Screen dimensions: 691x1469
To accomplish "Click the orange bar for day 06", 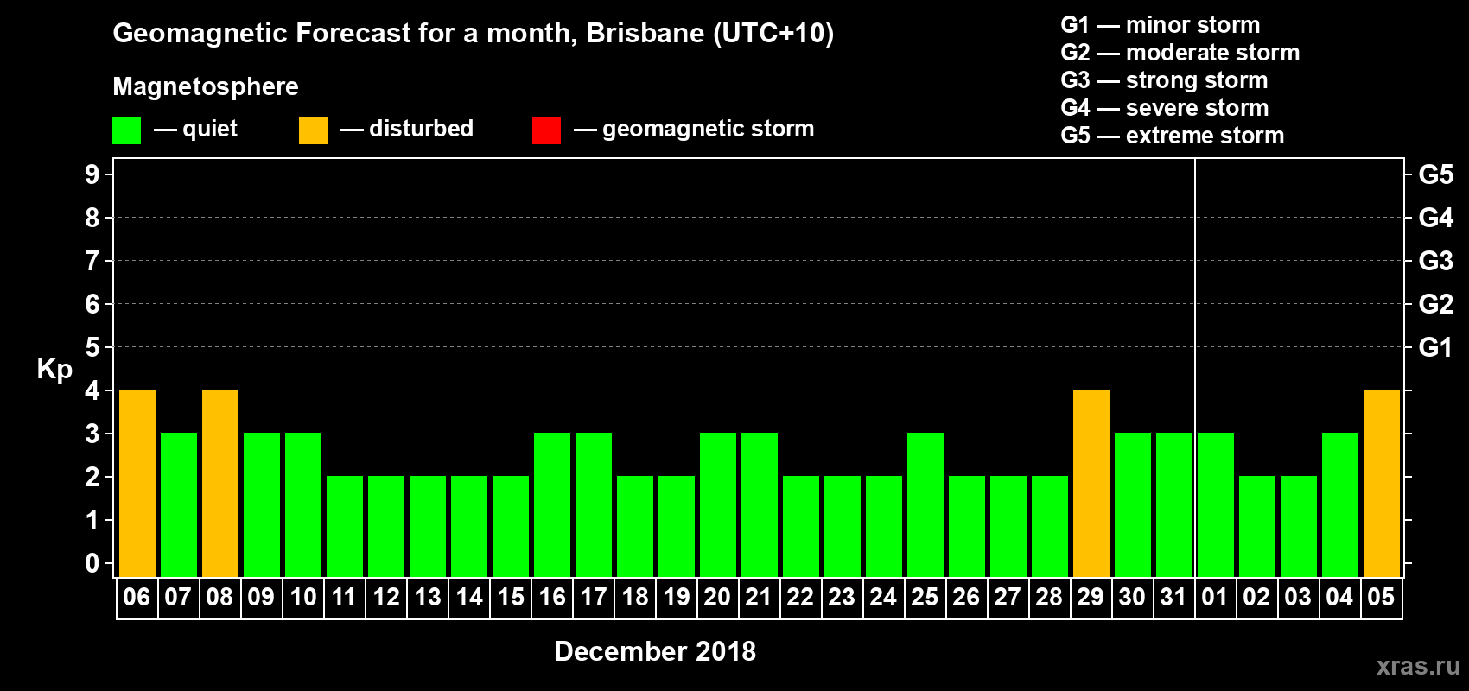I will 137,483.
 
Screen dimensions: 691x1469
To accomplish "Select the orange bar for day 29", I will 1091,483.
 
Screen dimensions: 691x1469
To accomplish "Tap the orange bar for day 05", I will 1382,483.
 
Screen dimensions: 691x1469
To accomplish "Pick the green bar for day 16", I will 552,504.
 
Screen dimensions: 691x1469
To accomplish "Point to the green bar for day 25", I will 925,504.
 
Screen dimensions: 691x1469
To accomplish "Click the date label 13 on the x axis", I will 428,597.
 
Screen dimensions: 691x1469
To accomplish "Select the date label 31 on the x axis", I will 1173,597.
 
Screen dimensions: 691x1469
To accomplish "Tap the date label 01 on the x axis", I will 1215,597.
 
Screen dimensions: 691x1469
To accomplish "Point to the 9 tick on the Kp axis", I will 92,174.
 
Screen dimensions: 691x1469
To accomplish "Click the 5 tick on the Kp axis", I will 92,347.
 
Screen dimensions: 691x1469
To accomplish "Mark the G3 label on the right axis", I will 1435,261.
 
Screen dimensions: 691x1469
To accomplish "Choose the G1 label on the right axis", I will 1435,347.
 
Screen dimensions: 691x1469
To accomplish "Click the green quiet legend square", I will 126,130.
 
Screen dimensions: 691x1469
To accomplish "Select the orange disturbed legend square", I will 313,130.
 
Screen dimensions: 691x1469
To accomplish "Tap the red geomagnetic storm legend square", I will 546,130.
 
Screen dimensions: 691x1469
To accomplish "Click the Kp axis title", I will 54,369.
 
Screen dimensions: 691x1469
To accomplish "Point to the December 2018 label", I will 655,651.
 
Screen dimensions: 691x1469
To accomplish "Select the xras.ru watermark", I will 1418,666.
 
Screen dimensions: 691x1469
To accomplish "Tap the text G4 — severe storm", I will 1165,108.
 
